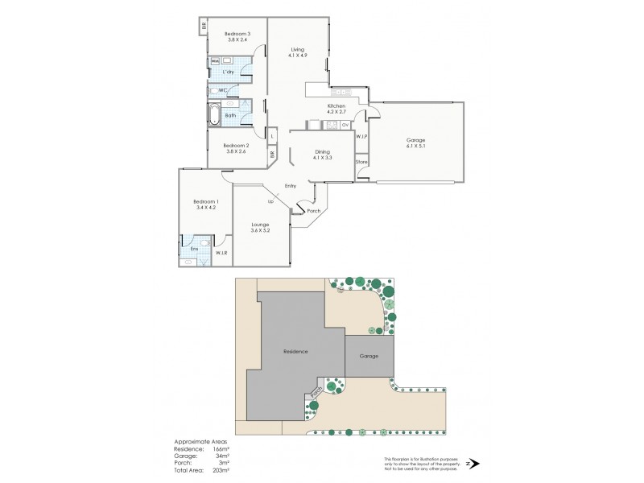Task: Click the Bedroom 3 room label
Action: tap(237, 33)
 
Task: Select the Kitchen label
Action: tap(336, 106)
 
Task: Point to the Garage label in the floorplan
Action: tap(416, 139)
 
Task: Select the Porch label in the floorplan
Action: tap(314, 211)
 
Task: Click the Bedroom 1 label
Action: tap(205, 200)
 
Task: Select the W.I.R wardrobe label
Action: tap(221, 254)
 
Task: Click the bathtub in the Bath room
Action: tap(215, 114)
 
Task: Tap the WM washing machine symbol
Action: tap(215, 61)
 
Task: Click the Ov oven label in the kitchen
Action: tap(345, 126)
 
